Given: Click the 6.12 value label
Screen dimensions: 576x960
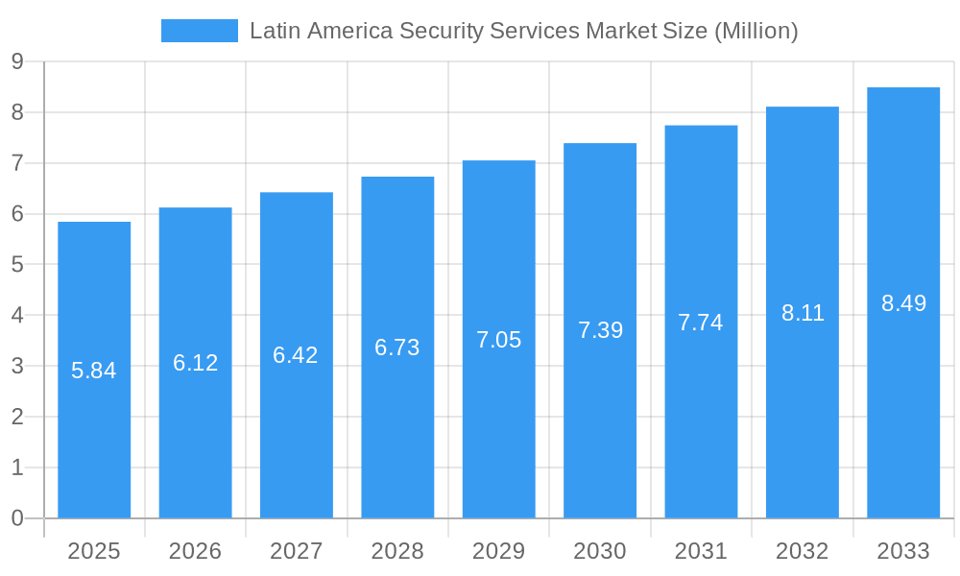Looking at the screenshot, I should [196, 363].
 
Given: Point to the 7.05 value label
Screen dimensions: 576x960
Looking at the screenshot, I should [499, 340].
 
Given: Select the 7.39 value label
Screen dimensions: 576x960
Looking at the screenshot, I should [600, 330].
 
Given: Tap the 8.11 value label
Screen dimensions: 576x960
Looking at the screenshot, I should [803, 313].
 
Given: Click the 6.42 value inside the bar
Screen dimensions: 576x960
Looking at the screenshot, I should [296, 355].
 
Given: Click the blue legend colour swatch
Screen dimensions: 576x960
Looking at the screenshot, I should [199, 31].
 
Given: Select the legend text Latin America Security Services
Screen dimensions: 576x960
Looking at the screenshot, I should [414, 31].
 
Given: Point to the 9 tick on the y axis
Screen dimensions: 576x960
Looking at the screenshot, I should [17, 62].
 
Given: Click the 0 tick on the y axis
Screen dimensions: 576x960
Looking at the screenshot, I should [17, 518].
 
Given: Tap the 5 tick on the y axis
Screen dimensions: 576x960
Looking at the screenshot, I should [17, 265].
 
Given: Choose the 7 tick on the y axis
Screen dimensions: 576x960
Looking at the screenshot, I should [17, 163].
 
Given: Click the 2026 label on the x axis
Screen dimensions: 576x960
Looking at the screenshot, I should [195, 551].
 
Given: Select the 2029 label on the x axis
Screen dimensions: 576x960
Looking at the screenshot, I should [499, 551].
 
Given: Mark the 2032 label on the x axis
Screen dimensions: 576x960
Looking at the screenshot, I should [803, 551].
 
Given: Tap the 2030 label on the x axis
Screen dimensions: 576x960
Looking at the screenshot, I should [600, 551].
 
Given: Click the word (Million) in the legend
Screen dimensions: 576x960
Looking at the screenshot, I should [755, 31].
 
